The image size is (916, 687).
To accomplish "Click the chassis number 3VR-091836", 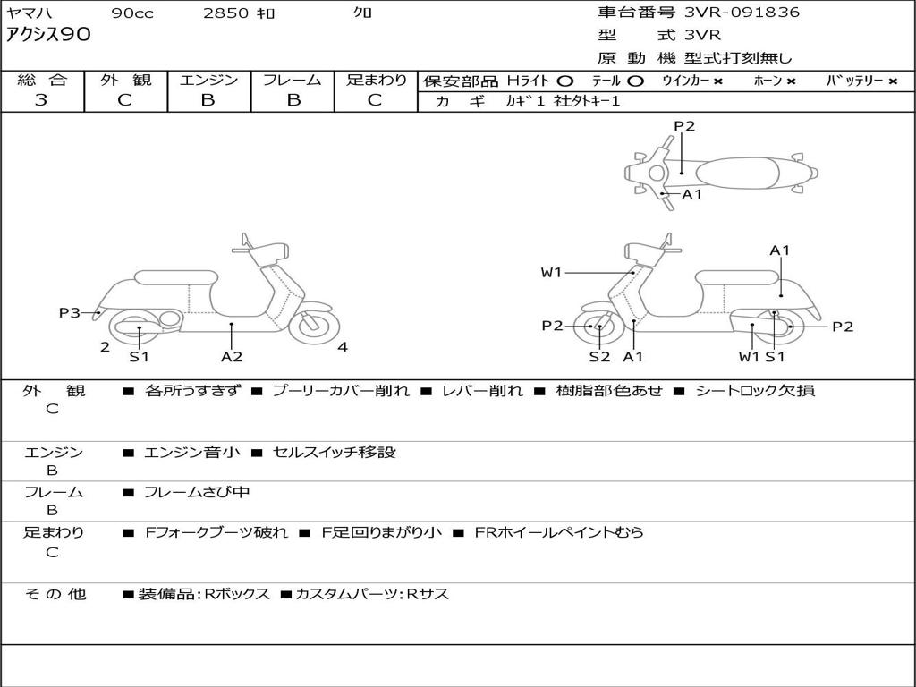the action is (742, 13).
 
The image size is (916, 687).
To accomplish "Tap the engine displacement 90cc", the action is (132, 13).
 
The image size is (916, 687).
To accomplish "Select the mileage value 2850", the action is (225, 13).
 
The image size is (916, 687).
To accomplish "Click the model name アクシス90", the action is (48, 35).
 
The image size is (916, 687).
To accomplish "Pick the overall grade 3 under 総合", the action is (41, 100).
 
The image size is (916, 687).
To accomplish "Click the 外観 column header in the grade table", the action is (125, 80).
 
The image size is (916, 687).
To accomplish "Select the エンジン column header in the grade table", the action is (208, 80).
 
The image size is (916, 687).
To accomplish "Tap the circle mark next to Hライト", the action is (565, 81).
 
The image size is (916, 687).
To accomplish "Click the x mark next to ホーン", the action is (791, 81).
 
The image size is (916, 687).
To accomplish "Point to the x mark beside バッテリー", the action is (893, 81).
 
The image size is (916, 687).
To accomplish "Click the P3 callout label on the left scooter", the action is (70, 313).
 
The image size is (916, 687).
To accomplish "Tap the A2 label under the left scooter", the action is (232, 356).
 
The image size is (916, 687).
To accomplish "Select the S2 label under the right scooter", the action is (599, 356).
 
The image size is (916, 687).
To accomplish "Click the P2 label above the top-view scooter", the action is (684, 126).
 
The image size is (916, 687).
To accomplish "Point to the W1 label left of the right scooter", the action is (551, 272).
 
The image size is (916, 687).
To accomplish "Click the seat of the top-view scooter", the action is (738, 174).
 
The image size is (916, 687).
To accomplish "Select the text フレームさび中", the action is (196, 493).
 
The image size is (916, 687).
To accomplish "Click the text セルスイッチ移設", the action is (335, 452).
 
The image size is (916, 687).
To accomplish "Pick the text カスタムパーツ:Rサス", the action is (372, 594).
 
